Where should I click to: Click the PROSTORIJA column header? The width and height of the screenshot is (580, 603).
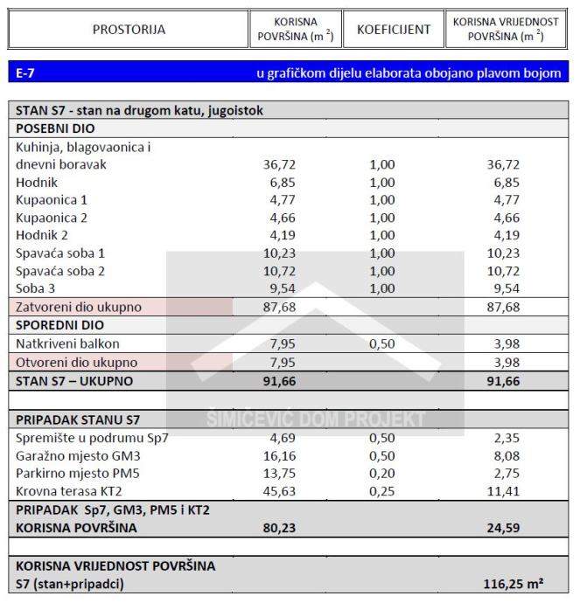(x=129, y=30)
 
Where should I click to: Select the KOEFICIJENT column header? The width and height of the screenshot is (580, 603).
(x=394, y=30)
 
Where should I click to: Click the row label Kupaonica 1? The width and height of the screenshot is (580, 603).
(x=52, y=200)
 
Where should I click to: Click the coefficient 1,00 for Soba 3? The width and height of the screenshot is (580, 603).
(x=382, y=288)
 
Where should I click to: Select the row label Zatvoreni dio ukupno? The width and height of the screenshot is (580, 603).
(x=78, y=307)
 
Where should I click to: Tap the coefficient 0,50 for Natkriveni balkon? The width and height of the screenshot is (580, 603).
(x=382, y=343)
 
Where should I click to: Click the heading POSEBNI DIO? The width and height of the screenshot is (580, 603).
(x=55, y=128)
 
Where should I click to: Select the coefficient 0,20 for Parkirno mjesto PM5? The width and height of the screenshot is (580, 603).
(x=382, y=473)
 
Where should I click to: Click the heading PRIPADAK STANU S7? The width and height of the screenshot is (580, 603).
(x=77, y=419)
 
